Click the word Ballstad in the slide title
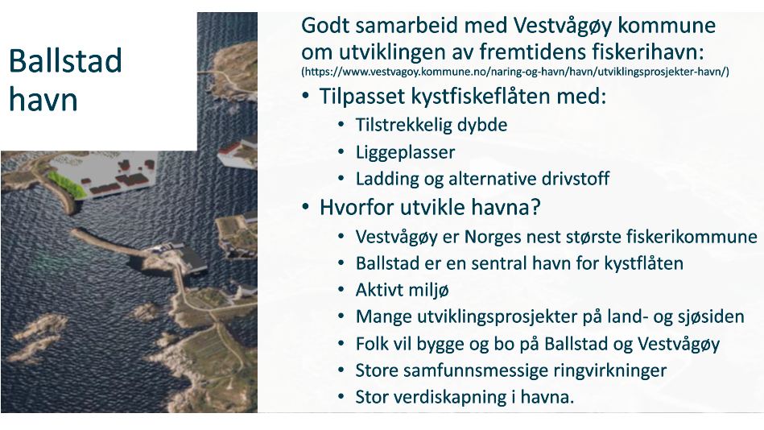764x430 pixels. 65,61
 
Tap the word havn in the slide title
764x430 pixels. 43,100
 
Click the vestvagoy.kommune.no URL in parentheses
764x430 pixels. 515,72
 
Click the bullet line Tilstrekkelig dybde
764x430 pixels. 432,125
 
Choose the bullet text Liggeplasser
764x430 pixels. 406,152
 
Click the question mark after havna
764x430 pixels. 535,207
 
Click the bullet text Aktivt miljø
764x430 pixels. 402,290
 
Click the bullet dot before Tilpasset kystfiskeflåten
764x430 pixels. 305,96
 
